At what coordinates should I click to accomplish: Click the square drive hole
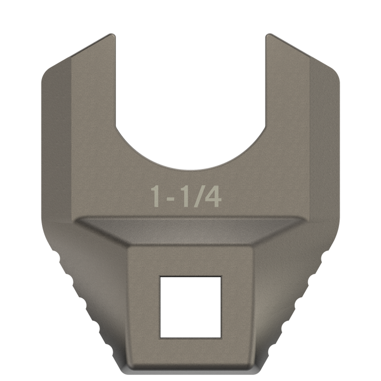(190, 307)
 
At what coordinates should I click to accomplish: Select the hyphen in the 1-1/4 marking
(170, 199)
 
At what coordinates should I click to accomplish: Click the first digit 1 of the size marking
(156, 197)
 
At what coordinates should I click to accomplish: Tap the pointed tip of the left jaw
(112, 34)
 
